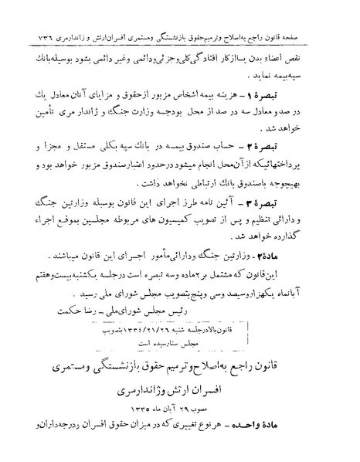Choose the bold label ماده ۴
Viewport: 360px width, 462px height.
click(314, 253)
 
